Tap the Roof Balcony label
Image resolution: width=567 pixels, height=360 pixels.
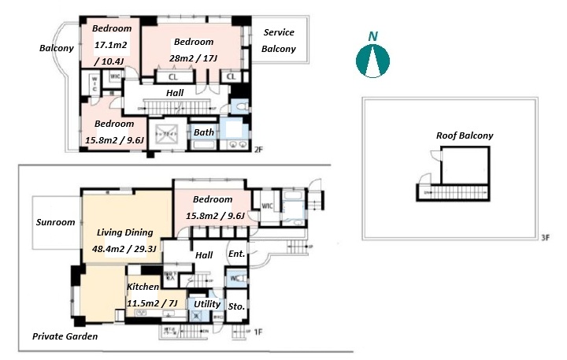point(465,135)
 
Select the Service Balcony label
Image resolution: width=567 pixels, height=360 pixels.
point(279,41)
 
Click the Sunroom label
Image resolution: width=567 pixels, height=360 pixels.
point(55,222)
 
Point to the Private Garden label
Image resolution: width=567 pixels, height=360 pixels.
point(65,336)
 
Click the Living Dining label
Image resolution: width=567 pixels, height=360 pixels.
point(124,233)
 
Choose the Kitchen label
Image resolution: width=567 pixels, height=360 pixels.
point(143,288)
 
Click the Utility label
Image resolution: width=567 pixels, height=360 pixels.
point(206,303)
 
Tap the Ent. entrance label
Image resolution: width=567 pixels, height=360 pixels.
point(236,254)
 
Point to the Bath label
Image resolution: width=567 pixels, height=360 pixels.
point(203,132)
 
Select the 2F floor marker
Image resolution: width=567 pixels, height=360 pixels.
point(258,150)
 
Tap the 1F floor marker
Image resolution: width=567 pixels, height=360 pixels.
point(257,332)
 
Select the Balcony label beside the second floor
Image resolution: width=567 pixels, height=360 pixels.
point(57,48)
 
